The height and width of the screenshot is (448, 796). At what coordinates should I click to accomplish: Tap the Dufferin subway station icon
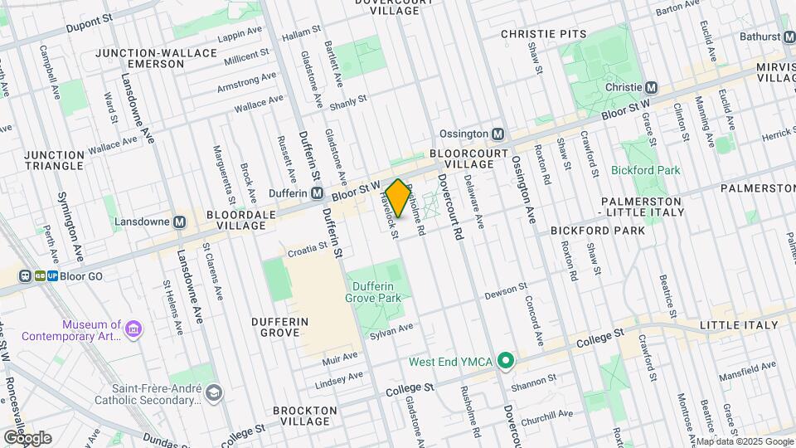coord(317,193)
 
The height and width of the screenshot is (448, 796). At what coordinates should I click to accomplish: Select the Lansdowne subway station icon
coord(179,222)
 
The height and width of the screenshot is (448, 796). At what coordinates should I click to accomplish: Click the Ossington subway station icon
coord(498,134)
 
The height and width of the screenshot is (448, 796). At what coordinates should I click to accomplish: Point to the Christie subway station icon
coord(652,87)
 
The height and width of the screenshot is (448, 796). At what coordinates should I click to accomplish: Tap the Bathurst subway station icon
coord(789,37)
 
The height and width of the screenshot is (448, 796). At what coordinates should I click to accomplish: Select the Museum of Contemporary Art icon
coord(132,330)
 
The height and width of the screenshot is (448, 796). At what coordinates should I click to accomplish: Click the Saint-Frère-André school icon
coord(215,392)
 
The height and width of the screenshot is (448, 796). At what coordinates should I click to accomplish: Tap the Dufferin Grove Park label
coord(374,290)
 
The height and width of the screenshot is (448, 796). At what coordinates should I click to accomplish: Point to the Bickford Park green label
coord(645,170)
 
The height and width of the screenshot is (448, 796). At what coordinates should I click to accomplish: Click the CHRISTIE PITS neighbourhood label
coord(543,34)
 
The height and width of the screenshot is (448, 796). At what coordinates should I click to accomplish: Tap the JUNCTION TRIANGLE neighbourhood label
coord(54,161)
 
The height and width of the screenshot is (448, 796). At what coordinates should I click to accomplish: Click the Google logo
coord(27,437)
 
